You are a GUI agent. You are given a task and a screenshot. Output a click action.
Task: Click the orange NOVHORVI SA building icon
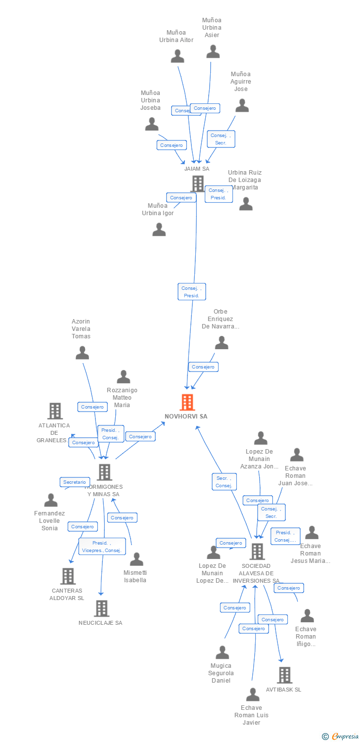[x=187, y=403]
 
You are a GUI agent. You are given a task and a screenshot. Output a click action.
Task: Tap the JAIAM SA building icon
[x=198, y=184]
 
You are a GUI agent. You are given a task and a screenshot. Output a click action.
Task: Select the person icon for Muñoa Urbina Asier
[x=213, y=51]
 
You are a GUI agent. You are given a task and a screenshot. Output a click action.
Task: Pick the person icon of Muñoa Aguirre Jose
[x=242, y=105]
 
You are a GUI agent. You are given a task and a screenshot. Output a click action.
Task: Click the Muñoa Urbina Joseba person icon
[x=152, y=124]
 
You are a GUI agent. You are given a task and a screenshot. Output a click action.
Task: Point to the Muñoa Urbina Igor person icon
[x=159, y=230]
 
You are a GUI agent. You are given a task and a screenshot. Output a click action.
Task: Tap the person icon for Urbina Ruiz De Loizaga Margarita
[x=246, y=204]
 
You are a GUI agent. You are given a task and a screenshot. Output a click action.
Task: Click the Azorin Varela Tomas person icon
[x=82, y=353]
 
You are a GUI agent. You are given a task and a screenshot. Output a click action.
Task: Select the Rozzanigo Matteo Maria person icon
[x=123, y=377]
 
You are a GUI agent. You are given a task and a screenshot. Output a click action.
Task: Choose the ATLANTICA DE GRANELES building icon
[x=55, y=411]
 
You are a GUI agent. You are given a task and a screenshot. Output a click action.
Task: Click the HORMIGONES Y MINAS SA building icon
[x=104, y=472]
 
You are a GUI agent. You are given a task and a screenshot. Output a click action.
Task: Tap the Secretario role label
[x=75, y=482]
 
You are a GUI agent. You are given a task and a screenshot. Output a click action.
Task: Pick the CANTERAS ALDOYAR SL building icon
[x=68, y=576]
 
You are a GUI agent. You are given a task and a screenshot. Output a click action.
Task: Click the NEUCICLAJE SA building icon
[x=101, y=608]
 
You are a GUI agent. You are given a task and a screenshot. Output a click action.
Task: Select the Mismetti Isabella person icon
[x=136, y=559]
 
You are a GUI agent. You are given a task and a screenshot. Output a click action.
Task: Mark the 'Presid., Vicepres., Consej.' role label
[x=102, y=547]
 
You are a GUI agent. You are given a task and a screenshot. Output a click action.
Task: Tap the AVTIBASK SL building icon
[x=284, y=675]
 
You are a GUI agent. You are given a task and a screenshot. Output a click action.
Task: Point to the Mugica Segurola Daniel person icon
[x=222, y=652]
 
